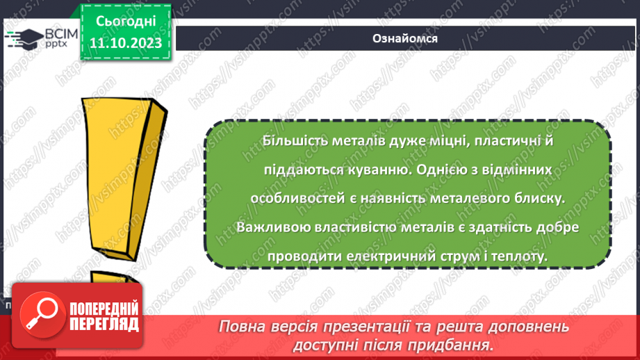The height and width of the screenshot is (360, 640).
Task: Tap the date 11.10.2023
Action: pos(126,43)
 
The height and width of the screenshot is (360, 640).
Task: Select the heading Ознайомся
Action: pos(404,38)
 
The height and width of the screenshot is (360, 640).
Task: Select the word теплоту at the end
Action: pos(521,256)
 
